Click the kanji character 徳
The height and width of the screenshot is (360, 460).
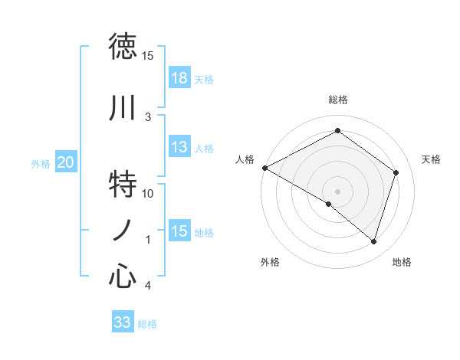(x=123, y=47)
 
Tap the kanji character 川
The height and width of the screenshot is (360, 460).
(x=123, y=108)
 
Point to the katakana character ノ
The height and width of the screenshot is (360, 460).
(x=123, y=231)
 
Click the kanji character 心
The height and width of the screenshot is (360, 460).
(x=123, y=276)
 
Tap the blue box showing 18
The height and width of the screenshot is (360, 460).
(x=179, y=78)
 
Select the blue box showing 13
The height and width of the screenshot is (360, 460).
(x=179, y=147)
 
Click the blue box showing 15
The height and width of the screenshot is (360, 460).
(x=179, y=231)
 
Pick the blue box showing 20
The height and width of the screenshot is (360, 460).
(x=66, y=162)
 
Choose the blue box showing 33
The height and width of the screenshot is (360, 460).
(x=123, y=322)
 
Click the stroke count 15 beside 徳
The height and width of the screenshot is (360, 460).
(x=148, y=56)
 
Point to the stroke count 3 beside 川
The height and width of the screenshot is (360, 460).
(x=148, y=117)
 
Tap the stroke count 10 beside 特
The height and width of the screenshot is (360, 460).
(x=148, y=194)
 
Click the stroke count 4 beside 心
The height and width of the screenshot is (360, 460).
(x=148, y=286)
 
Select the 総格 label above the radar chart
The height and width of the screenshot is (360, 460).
(x=337, y=100)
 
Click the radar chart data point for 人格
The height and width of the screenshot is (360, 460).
(x=264, y=167)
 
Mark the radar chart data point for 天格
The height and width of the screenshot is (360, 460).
(x=396, y=172)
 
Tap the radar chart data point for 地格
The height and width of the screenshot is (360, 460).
(x=373, y=241)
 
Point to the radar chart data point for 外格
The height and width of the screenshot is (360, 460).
(x=329, y=204)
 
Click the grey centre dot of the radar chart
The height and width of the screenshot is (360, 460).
(x=337, y=191)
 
